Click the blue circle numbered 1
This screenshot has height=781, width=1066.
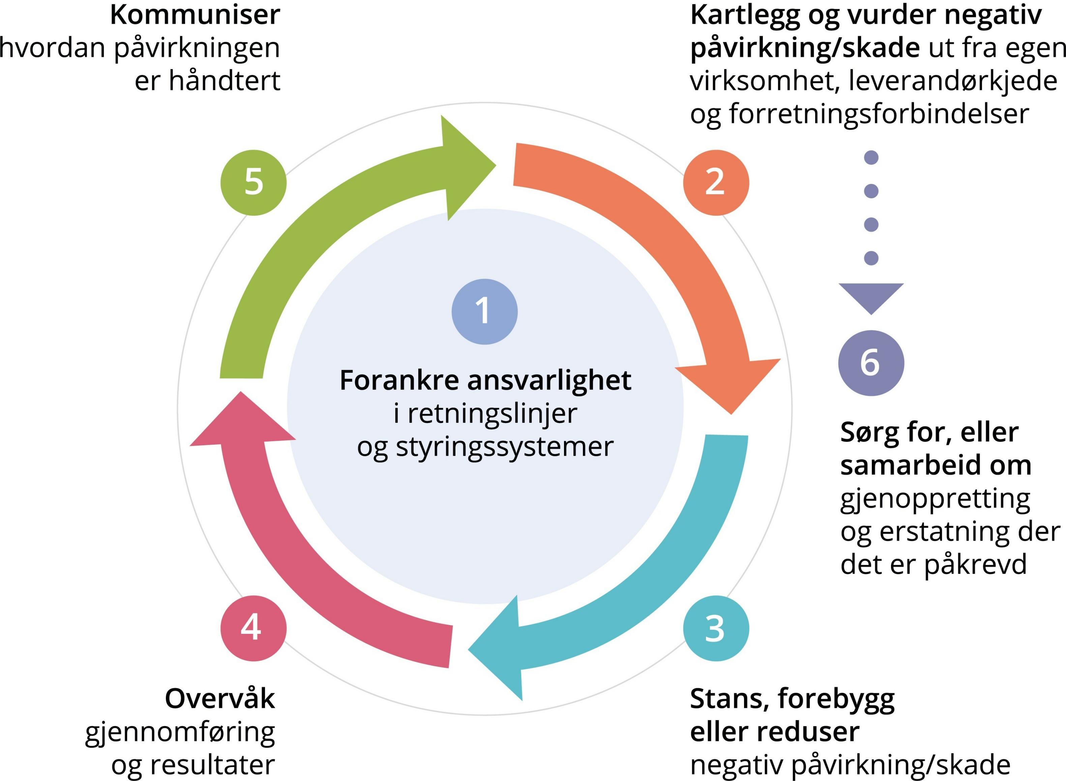pyautogui.click(x=484, y=312)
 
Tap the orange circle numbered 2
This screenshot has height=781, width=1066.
pyautogui.click(x=715, y=183)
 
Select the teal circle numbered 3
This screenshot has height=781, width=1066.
pyautogui.click(x=715, y=628)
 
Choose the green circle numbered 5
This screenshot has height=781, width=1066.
pyautogui.click(x=253, y=183)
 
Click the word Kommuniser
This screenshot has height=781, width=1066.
pyautogui.click(x=195, y=15)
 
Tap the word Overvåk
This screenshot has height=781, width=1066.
pyautogui.click(x=219, y=699)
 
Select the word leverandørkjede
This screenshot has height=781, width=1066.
pyautogui.click(x=952, y=81)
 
